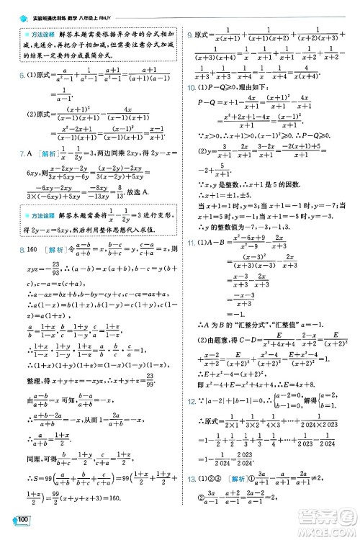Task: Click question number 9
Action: tap(188, 35)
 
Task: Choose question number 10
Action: tap(190, 86)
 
